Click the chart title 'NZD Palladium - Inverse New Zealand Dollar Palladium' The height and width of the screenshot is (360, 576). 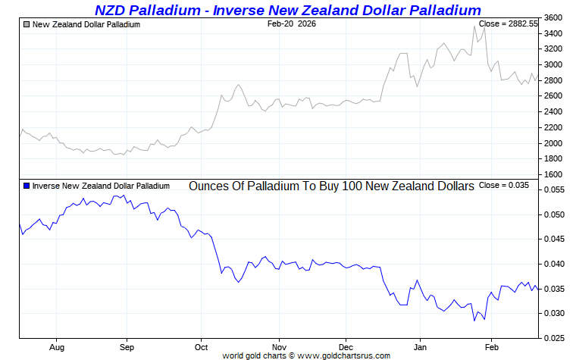pos(287,10)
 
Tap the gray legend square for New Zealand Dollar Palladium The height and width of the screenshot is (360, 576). pos(27,24)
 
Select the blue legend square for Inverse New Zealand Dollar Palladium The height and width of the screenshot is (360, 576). pos(27,185)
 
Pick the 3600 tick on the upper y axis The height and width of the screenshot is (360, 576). pos(553,17)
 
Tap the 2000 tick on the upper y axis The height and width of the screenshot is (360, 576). pos(553,143)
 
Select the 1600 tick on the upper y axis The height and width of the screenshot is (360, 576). pos(553,175)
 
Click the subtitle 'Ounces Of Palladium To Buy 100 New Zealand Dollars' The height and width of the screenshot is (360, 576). pos(331,186)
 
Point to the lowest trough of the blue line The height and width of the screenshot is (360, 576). pos(474,321)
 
